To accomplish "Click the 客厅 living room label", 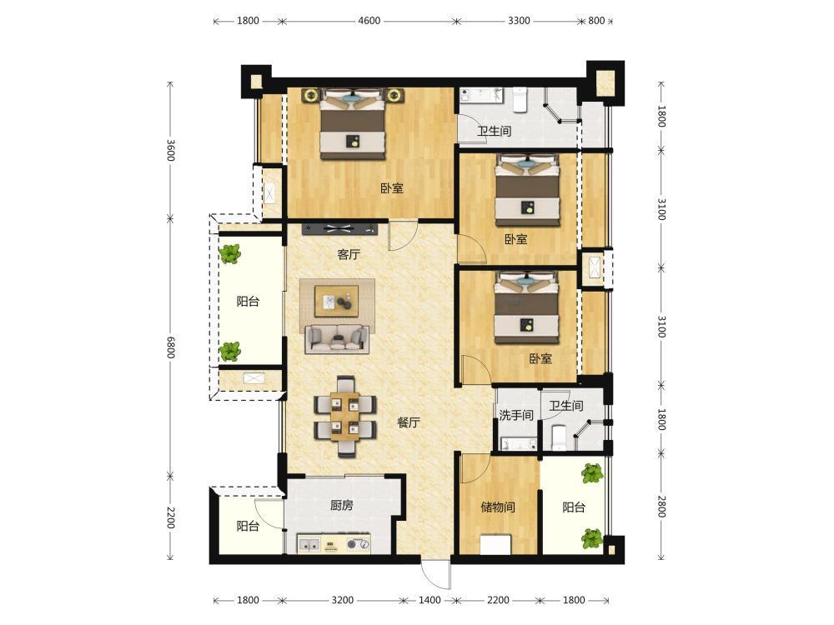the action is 349,254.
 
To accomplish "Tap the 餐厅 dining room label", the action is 409,422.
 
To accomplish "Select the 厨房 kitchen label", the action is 341,505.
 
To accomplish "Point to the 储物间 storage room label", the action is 498,507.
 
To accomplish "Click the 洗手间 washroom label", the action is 516,414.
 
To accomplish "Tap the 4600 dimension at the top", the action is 369,21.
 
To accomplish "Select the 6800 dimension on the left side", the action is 170,347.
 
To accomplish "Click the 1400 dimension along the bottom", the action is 430,600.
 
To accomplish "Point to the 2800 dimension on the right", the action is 661,507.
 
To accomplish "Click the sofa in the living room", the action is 337,338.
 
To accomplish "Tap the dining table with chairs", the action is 345,417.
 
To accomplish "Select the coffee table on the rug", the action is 336,300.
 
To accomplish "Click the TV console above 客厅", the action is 340,229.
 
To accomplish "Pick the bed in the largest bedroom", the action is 352,125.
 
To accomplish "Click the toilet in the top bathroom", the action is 520,101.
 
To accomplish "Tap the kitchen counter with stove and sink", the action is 334,543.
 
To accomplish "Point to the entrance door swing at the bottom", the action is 435,576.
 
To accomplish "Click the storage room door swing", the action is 475,468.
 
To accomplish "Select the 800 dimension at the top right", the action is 596,21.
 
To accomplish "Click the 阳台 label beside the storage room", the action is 574,507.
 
